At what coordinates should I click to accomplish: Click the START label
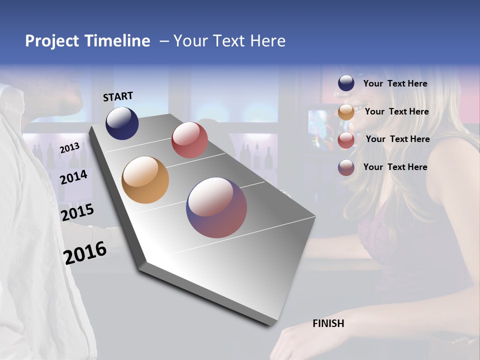tap(118, 96)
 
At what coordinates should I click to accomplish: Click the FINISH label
tap(328, 323)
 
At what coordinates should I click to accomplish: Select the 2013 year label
tap(69, 147)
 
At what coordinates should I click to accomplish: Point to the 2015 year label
tap(77, 212)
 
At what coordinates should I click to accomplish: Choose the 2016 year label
tap(85, 253)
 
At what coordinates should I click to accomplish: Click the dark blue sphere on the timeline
tap(122, 123)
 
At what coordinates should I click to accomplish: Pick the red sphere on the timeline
tap(189, 139)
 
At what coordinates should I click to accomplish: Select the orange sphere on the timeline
tap(145, 180)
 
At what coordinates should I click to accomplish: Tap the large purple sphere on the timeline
tap(216, 208)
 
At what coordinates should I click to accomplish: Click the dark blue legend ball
tap(346, 83)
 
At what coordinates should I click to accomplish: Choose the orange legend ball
tap(346, 112)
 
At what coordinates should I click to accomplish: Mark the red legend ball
tap(346, 140)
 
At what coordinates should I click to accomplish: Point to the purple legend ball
tap(346, 167)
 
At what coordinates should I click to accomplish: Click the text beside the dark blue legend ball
tap(395, 83)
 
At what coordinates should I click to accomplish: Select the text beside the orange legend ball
tap(396, 111)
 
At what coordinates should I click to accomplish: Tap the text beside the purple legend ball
tap(395, 167)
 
